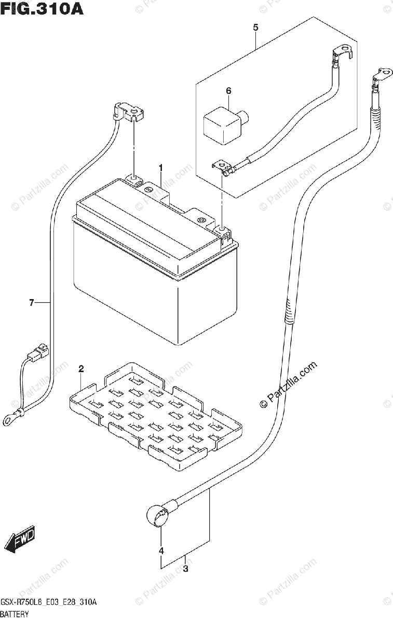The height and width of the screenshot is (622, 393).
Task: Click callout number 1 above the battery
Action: pyautogui.click(x=161, y=168)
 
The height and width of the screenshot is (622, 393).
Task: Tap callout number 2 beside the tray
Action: pyautogui.click(x=81, y=369)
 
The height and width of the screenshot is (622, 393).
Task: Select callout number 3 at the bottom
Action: pyautogui.click(x=185, y=570)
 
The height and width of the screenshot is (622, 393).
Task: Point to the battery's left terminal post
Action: pyautogui.click(x=133, y=180)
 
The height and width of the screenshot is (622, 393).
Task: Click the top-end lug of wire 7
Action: pyautogui.click(x=129, y=111)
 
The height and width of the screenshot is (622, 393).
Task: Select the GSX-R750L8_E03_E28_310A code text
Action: pyautogui.click(x=49, y=602)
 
